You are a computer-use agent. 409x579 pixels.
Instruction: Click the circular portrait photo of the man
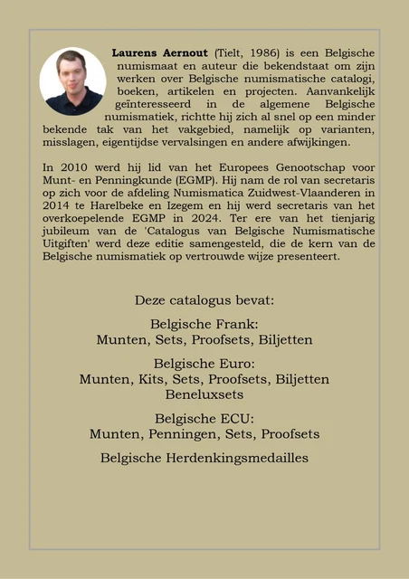click(x=72, y=81)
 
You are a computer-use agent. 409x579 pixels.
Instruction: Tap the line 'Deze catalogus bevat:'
click(x=204, y=299)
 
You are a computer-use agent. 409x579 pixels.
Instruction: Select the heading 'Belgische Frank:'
click(x=204, y=324)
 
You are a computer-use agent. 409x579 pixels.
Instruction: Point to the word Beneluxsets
click(x=204, y=395)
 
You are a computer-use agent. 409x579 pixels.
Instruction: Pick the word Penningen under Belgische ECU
click(x=181, y=434)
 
